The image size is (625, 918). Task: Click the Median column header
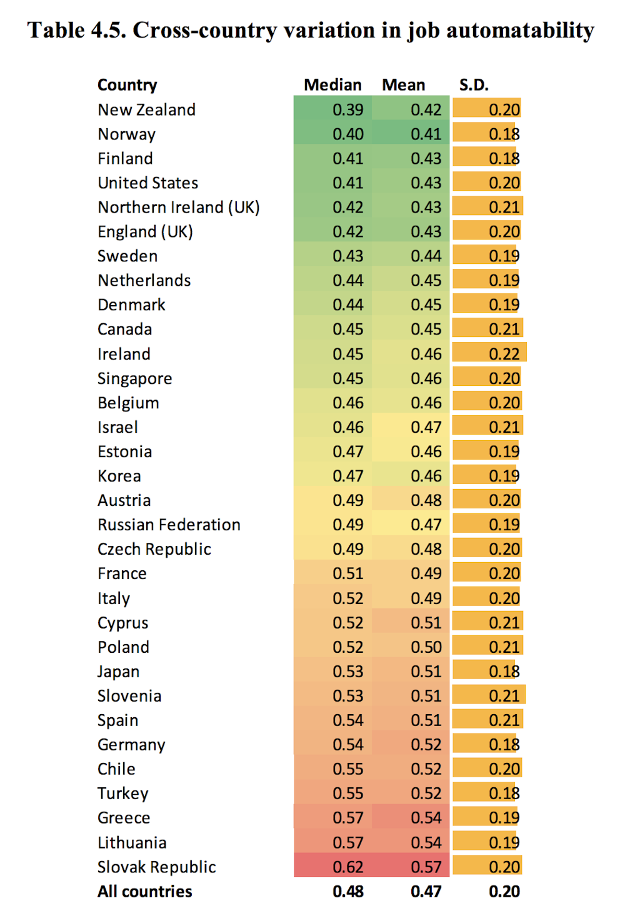pos(332,85)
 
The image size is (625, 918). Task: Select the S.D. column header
pos(474,85)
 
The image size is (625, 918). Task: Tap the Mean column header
pos(404,85)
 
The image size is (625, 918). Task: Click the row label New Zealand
pos(146,110)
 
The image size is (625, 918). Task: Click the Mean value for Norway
pos(426,134)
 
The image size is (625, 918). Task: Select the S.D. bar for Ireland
pos(489,354)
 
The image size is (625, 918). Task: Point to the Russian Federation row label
pos(169,525)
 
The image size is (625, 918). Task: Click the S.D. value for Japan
pos(504,672)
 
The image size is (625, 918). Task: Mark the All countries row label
pos(144,892)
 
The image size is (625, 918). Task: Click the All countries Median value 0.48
pos(347,892)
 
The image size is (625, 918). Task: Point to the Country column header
pos(127,85)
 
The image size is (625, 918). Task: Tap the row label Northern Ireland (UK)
pos(178,208)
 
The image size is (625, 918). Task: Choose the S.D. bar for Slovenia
pos(489,696)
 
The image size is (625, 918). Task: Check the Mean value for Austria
pos(426,500)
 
